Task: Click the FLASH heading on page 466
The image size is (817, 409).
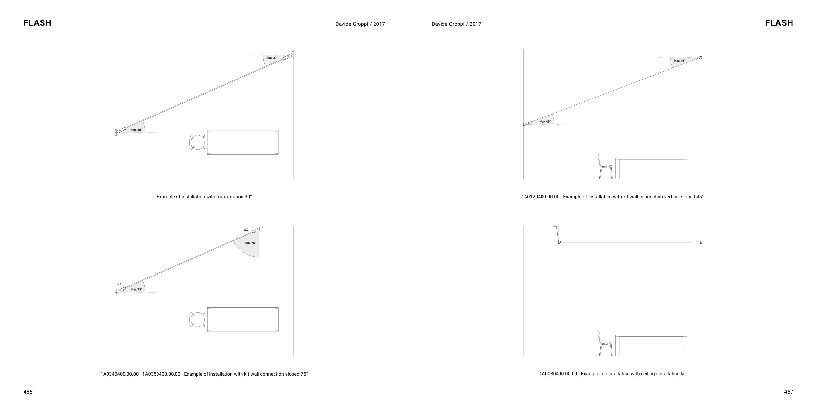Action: pyautogui.click(x=37, y=23)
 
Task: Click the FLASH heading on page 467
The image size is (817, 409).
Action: pyautogui.click(x=779, y=23)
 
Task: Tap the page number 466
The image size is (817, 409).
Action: pyautogui.click(x=28, y=392)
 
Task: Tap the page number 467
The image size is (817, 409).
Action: pyautogui.click(x=789, y=392)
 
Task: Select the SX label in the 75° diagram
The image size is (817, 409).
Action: pyautogui.click(x=246, y=230)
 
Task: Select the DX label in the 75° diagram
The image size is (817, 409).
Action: pyautogui.click(x=119, y=284)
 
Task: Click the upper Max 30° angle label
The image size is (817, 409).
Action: pyautogui.click(x=272, y=58)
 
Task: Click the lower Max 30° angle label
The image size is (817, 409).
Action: pyautogui.click(x=136, y=130)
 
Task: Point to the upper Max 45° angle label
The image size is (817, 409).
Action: pyautogui.click(x=679, y=61)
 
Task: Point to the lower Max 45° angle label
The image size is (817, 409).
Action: pyautogui.click(x=545, y=122)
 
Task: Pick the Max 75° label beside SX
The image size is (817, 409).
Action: pyautogui.click(x=250, y=243)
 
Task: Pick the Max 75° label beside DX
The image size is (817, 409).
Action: pyautogui.click(x=136, y=290)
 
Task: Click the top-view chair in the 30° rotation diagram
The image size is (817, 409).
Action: pyautogui.click(x=197, y=142)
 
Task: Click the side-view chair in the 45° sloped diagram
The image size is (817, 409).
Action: pyautogui.click(x=605, y=167)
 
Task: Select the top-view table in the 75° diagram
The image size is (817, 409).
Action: pyautogui.click(x=243, y=320)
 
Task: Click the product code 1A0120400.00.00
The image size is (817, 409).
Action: pyautogui.click(x=540, y=197)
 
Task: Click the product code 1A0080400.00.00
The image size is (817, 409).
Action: pyautogui.click(x=558, y=374)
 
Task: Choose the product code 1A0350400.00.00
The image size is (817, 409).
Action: pyautogui.click(x=161, y=374)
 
